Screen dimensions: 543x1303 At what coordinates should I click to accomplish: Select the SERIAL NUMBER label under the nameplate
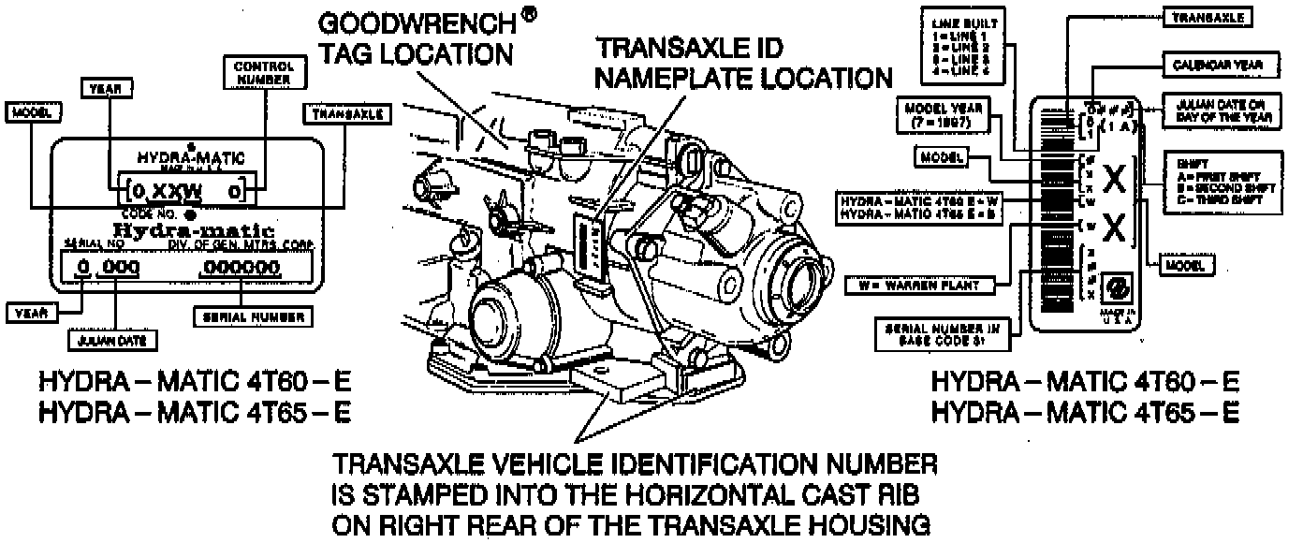[251, 317]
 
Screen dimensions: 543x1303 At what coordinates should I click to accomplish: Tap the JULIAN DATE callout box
[112, 340]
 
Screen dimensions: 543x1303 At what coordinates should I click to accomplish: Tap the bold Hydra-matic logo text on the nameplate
[194, 229]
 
